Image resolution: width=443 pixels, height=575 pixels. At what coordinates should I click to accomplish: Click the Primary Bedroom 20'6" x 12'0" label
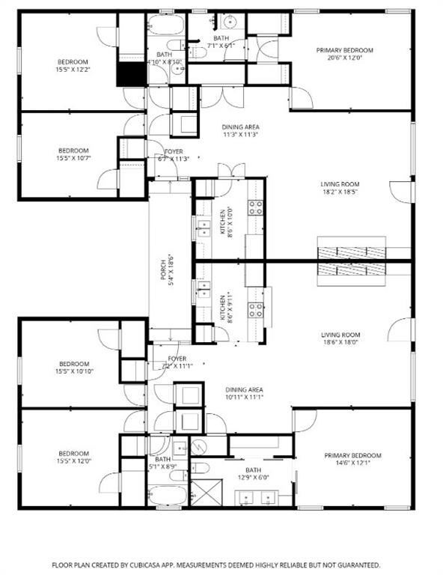[344, 55]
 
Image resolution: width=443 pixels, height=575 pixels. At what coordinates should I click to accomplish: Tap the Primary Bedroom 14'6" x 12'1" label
[352, 460]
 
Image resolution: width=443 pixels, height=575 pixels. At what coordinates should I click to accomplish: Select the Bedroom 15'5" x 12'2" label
[73, 65]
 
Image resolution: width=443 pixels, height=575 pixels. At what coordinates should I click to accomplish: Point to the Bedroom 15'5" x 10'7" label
[73, 153]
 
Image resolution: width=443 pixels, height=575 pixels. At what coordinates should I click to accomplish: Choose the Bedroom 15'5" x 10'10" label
[73, 367]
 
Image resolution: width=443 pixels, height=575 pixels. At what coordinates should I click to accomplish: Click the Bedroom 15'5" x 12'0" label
[73, 457]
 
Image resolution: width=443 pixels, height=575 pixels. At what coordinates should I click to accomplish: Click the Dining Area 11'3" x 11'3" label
[240, 131]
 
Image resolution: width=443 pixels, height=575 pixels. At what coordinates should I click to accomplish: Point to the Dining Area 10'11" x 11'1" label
[244, 394]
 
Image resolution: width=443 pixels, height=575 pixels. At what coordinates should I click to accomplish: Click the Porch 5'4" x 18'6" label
[168, 270]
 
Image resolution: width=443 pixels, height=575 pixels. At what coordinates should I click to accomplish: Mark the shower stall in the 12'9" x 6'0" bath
[203, 493]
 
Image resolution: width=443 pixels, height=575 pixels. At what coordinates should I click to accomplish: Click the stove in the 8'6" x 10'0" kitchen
[256, 207]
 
